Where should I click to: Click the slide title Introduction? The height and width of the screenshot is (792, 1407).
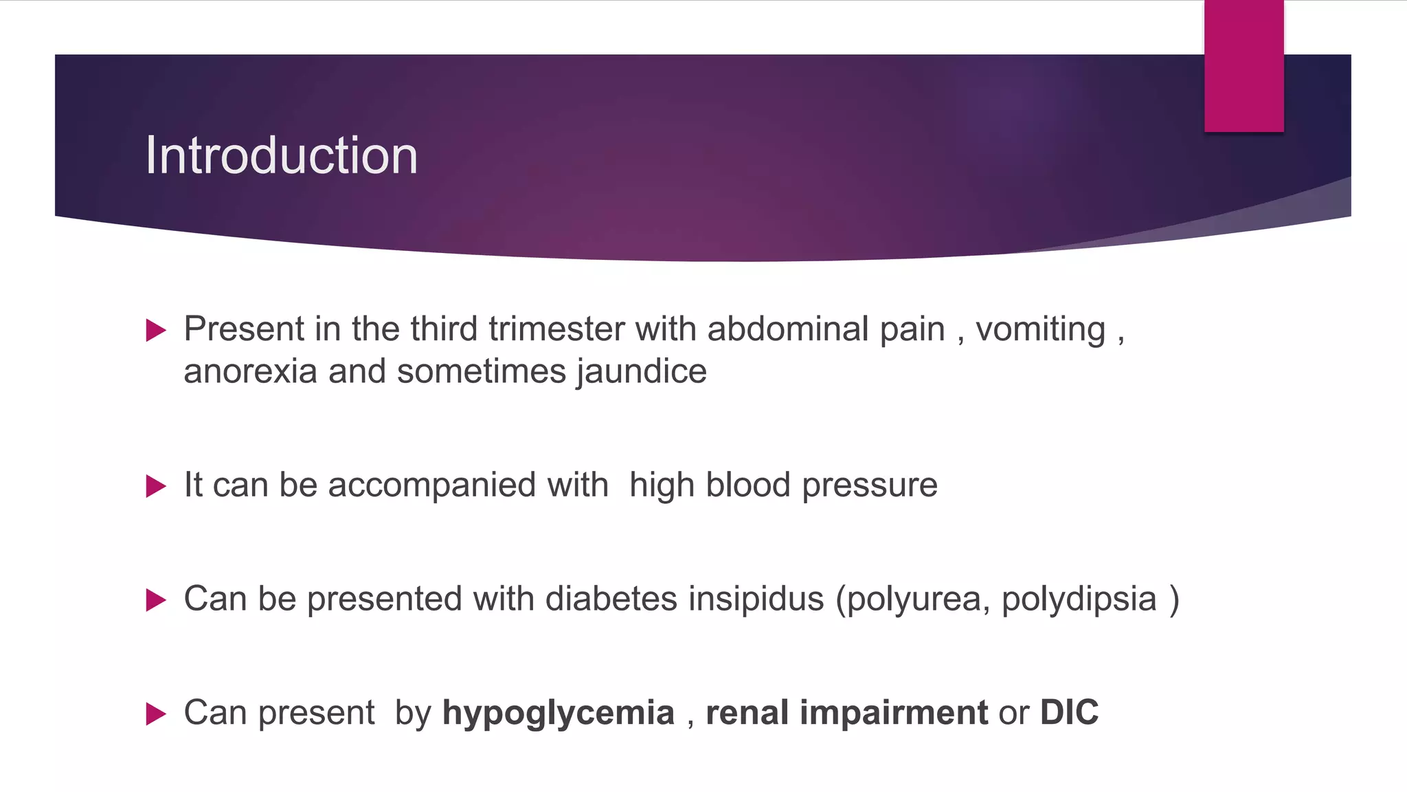(281, 155)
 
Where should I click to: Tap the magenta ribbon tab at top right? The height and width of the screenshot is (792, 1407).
(1243, 66)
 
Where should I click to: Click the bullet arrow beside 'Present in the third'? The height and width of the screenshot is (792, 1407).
(157, 331)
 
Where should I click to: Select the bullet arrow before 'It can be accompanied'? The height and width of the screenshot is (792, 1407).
(157, 487)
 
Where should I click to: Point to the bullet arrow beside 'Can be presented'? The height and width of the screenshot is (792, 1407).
(157, 600)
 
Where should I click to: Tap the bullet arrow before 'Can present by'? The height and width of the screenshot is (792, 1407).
(157, 714)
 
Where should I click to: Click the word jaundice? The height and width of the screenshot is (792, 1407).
(642, 372)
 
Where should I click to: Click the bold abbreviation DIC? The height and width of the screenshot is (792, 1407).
(1069, 712)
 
